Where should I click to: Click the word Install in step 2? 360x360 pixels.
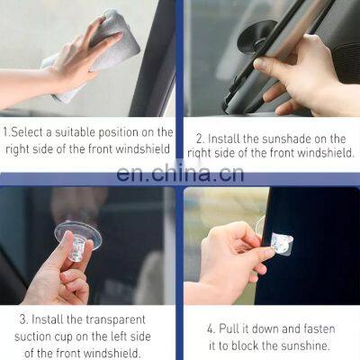[x=229, y=138]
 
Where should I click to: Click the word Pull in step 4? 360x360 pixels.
[x=238, y=328]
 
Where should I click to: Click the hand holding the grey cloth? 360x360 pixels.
[x=76, y=63]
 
